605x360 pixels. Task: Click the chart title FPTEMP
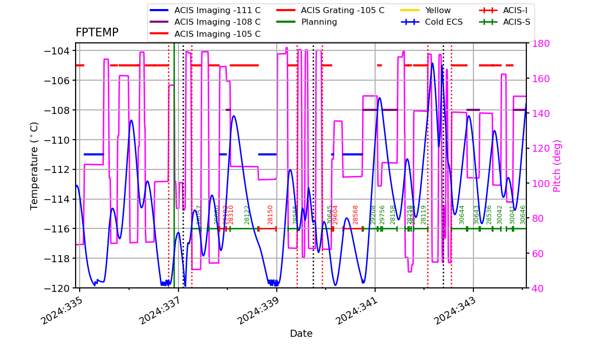pyautogui.click(x=97, y=33)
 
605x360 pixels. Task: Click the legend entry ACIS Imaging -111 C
pyautogui.click(x=217, y=10)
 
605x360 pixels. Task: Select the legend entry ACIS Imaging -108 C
pyautogui.click(x=217, y=22)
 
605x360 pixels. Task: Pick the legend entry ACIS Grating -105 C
pyautogui.click(x=342, y=10)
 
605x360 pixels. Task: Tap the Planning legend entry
pyautogui.click(x=319, y=22)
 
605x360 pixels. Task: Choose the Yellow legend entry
pyautogui.click(x=438, y=10)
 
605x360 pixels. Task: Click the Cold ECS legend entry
pyautogui.click(x=444, y=22)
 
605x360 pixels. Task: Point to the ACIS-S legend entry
pyautogui.click(x=516, y=22)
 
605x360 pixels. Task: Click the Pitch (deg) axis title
pyautogui.click(x=557, y=165)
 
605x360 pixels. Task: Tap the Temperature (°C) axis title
pyautogui.click(x=35, y=165)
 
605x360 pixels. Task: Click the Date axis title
pyautogui.click(x=301, y=334)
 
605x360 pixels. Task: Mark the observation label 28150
pyautogui.click(x=270, y=214)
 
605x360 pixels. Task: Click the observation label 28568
pyautogui.click(x=355, y=214)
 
